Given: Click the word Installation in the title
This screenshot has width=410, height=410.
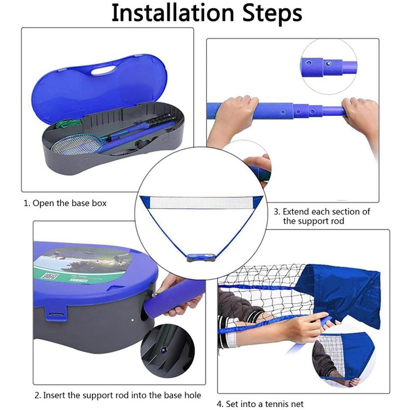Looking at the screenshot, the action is (173, 12).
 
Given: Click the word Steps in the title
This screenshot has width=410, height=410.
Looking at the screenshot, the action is (272, 13).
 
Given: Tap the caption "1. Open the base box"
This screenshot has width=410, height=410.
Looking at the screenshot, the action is (65, 203).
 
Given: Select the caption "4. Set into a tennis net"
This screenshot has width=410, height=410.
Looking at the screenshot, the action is (260, 404).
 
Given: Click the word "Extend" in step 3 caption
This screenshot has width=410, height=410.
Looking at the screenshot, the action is (295, 211).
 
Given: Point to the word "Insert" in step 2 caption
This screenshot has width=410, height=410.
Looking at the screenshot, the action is (54, 395).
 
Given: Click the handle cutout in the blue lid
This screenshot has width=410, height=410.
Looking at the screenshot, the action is (104, 70).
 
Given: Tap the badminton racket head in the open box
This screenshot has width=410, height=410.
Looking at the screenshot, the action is (76, 144).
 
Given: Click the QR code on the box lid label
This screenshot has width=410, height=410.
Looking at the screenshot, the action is (50, 276).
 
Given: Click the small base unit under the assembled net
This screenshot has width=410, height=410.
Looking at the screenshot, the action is (201, 257).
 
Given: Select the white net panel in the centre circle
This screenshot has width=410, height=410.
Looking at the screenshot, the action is (201, 203).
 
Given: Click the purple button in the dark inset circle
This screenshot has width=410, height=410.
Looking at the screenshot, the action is (165, 349).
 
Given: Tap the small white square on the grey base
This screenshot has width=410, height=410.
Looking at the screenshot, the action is (132, 320).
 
